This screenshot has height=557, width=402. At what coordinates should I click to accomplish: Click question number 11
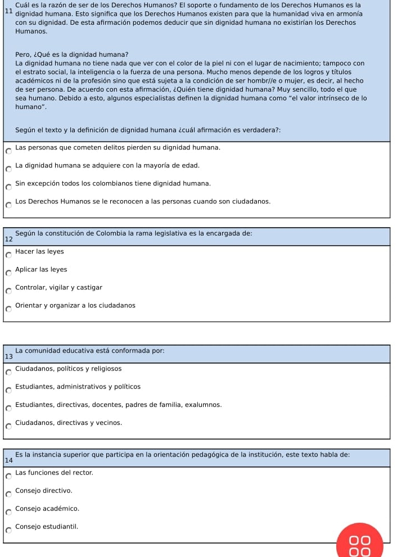click(x=7, y=11)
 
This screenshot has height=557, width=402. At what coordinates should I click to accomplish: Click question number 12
click(x=7, y=239)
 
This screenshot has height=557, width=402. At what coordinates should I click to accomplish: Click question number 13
click(x=7, y=357)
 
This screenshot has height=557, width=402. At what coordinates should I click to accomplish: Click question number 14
click(x=7, y=460)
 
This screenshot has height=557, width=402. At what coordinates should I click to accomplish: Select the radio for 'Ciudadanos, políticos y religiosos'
click(x=8, y=372)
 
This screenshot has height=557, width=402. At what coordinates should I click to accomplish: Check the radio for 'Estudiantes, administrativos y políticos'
click(x=8, y=390)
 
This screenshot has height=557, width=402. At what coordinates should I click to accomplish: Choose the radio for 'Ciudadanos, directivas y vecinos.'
click(x=8, y=426)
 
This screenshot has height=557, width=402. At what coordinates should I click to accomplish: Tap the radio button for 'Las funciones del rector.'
click(x=8, y=476)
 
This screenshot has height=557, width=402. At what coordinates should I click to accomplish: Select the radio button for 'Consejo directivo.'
click(x=8, y=495)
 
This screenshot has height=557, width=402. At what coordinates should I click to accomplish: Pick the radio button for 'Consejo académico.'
click(x=8, y=512)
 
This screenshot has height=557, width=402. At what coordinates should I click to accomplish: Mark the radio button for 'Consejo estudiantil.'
click(x=8, y=530)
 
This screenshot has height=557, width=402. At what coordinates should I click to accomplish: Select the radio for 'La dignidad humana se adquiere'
click(x=8, y=169)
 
